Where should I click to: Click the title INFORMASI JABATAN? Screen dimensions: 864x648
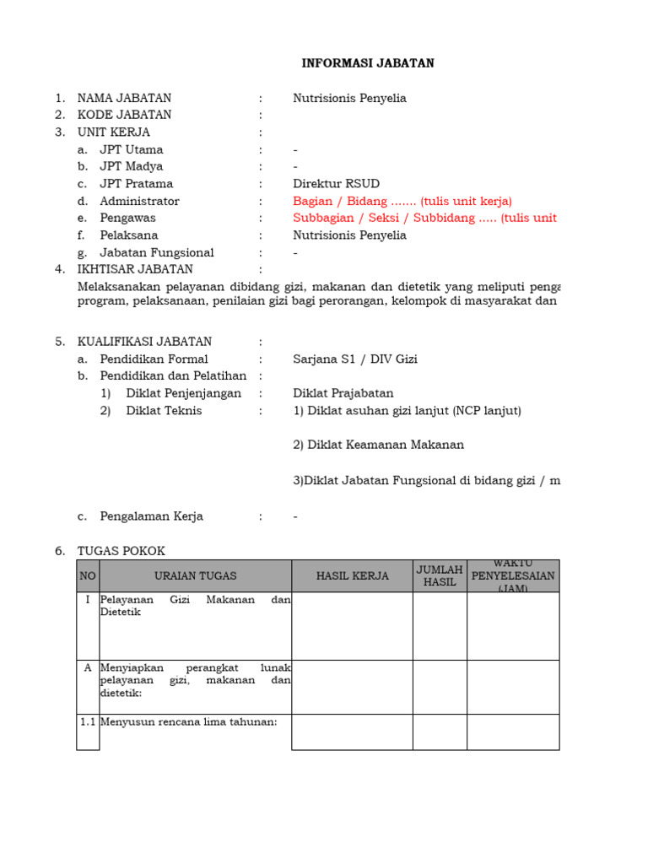tap(369, 63)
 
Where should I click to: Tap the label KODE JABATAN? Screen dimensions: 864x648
tap(124, 115)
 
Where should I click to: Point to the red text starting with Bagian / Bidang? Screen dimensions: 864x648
tap(402, 201)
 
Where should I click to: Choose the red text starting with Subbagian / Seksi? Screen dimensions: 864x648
tap(424, 219)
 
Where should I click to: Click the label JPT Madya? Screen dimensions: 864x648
tap(132, 166)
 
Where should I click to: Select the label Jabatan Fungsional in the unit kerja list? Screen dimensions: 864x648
tap(157, 252)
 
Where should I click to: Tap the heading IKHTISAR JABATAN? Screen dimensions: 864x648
tap(135, 269)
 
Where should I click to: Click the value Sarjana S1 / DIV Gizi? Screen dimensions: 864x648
tap(355, 359)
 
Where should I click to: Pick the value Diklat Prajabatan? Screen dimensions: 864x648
tap(343, 393)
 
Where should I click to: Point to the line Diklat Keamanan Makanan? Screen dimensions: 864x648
tap(378, 445)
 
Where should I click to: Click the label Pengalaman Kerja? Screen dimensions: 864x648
tap(152, 516)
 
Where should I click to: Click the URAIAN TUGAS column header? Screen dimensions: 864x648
tap(196, 576)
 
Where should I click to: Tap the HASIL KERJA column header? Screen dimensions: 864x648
tap(353, 576)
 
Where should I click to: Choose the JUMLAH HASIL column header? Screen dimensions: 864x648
tap(440, 576)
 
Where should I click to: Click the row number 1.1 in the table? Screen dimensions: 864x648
tap(88, 721)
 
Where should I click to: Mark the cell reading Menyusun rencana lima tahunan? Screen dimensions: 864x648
tap(189, 721)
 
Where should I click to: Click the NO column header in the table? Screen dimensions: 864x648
tap(88, 576)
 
